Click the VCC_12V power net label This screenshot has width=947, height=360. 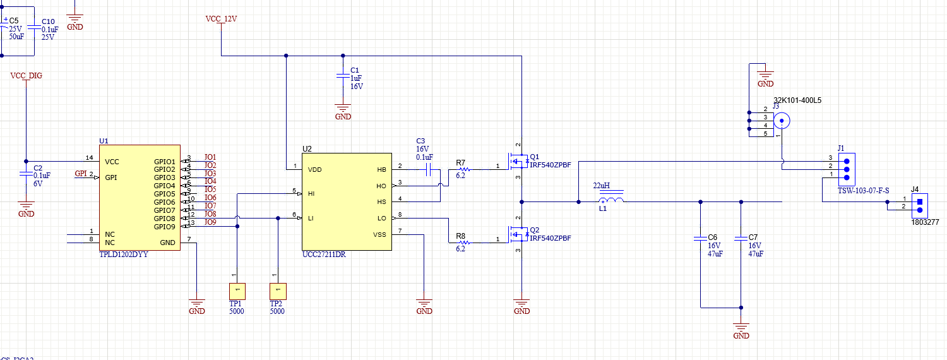(221, 18)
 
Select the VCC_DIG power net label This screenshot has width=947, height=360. (26, 76)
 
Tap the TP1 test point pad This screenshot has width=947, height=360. (237, 291)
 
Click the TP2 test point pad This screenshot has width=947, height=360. (277, 291)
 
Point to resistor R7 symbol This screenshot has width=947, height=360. (463, 169)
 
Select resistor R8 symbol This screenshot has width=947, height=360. (463, 243)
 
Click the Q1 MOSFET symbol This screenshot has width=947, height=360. (518, 162)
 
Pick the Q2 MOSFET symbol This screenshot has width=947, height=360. (518, 235)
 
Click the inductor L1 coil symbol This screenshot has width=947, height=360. (610, 201)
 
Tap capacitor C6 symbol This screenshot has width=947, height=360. (700, 239)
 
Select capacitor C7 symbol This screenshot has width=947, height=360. (741, 239)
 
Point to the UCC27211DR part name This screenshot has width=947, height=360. (324, 255)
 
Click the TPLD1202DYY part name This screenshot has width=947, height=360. (124, 255)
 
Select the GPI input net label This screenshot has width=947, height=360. (80, 174)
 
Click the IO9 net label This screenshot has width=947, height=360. (210, 222)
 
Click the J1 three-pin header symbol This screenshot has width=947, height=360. (846, 169)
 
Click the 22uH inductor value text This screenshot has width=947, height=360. (600, 186)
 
